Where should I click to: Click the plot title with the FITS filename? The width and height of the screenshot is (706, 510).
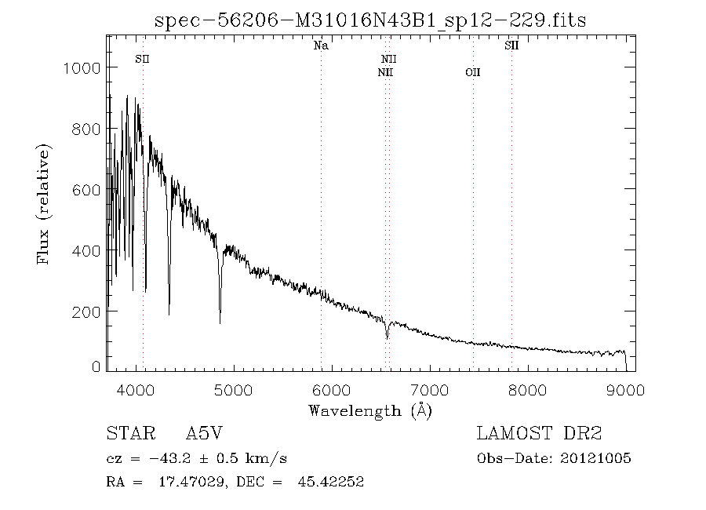[x=370, y=20]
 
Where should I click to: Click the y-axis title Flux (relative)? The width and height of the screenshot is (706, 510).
[x=44, y=203]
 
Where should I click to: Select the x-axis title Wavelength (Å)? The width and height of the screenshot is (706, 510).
[x=370, y=410]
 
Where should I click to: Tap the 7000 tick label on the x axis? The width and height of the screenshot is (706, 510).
[x=430, y=389]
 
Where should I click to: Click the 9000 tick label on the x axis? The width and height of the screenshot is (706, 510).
[x=625, y=389]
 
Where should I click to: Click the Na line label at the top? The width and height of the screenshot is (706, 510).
[x=321, y=46]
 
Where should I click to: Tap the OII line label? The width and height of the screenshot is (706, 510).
[x=472, y=73]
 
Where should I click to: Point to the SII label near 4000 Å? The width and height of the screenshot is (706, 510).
[x=142, y=59]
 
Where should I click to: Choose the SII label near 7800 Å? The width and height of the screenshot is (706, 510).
[x=511, y=46]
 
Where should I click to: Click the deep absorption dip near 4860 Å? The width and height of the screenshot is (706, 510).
[x=220, y=319]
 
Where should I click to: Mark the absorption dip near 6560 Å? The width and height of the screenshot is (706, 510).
[x=387, y=337]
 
